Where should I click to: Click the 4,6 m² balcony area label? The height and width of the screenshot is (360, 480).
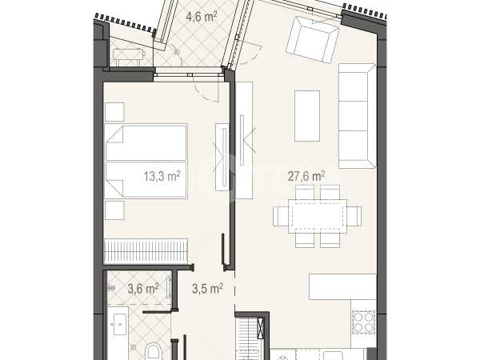click(202, 17)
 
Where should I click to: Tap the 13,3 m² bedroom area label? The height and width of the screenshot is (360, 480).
click(162, 176)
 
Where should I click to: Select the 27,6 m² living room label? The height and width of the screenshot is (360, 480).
click(306, 176)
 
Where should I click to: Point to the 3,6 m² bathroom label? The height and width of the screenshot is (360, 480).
click(143, 289)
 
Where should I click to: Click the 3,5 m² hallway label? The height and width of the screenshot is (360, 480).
click(207, 289)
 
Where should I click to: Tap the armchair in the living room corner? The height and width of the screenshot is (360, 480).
click(312, 39)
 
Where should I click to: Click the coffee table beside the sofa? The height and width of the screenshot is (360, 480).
click(307, 116)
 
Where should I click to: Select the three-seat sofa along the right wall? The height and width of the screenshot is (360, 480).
click(357, 116)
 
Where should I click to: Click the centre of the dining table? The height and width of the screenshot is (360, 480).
click(317, 216)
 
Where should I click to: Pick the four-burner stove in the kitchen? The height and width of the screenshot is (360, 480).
click(363, 322)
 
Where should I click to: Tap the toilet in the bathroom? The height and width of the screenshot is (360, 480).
click(154, 352)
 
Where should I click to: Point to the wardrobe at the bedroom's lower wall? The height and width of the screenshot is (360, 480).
click(146, 251)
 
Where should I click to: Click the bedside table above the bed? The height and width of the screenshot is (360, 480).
click(114, 112)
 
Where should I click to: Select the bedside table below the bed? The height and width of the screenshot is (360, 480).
click(114, 210)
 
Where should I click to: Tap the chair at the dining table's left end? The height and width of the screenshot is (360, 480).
click(281, 216)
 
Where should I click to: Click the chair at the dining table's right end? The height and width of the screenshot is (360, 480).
click(354, 216)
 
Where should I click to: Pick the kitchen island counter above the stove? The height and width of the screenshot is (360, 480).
click(342, 287)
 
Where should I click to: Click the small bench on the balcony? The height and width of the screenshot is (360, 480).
click(129, 54)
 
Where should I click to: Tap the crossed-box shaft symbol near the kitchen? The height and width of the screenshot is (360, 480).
click(260, 328)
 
